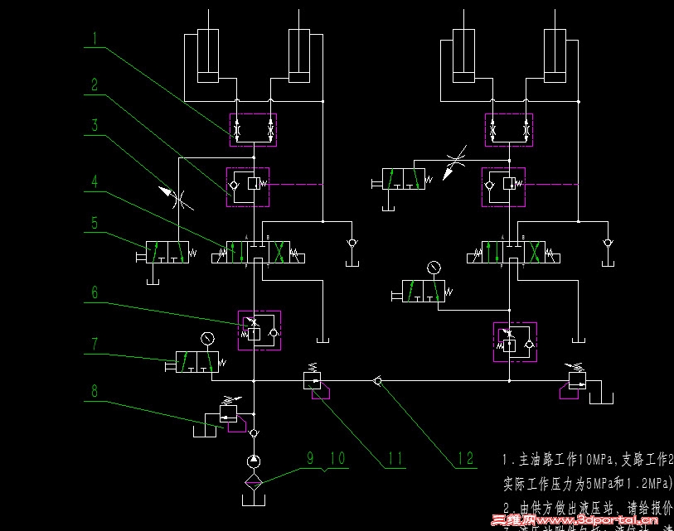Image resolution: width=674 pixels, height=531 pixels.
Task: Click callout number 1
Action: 95,37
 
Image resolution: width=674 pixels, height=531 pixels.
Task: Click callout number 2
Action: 95,84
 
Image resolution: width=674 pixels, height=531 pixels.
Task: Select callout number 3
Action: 95,127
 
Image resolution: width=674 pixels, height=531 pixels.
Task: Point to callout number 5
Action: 95,223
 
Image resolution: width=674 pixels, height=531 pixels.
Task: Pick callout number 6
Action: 95,292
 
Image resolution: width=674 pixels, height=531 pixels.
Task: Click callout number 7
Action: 95,343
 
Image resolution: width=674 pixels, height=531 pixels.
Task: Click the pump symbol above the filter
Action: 254,461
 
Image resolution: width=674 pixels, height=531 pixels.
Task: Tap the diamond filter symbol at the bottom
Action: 254,481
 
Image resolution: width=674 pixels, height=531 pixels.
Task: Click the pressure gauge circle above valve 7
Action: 206,337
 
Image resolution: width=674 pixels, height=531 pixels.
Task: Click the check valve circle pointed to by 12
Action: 378,380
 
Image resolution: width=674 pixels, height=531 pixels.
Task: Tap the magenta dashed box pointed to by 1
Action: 253,130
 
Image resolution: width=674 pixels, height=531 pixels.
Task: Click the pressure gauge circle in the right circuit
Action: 433,268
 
